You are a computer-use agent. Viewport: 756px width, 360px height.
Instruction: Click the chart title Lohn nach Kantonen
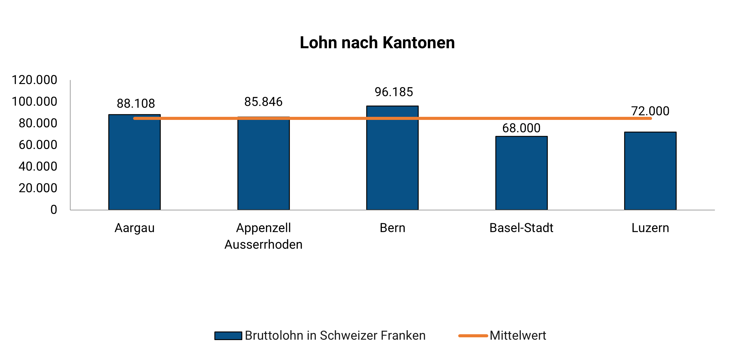(377, 43)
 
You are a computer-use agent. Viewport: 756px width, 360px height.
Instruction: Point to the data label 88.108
(136, 104)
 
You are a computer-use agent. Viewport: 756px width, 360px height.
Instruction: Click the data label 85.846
(263, 102)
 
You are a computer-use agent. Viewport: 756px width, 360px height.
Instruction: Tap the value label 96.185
(394, 92)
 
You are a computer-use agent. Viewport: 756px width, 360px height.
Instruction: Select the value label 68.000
(521, 128)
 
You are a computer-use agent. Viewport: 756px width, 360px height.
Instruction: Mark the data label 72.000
(650, 111)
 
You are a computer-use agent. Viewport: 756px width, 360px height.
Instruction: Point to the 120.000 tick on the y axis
(34, 80)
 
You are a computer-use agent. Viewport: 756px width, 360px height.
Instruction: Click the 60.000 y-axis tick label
(38, 145)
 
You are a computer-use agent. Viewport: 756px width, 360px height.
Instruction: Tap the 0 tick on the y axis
(54, 210)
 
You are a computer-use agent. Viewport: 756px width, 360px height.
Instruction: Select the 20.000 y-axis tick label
(38, 188)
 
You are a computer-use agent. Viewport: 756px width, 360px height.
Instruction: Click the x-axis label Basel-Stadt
(521, 228)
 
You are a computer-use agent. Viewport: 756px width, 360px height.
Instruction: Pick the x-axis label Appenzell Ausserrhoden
(263, 236)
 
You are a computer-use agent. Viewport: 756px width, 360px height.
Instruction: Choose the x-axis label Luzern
(650, 228)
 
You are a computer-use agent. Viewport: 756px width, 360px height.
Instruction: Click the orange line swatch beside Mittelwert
(473, 336)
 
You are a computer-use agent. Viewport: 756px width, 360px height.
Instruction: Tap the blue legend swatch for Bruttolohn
(228, 336)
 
